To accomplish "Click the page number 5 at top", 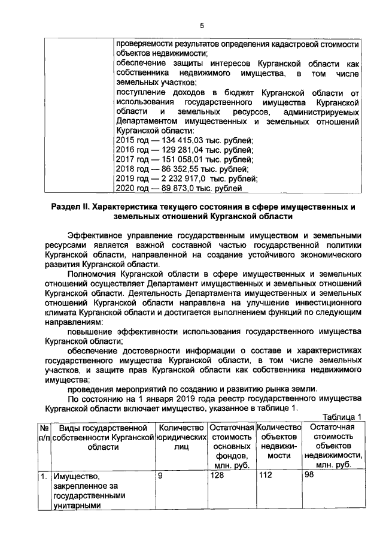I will [202, 26].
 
